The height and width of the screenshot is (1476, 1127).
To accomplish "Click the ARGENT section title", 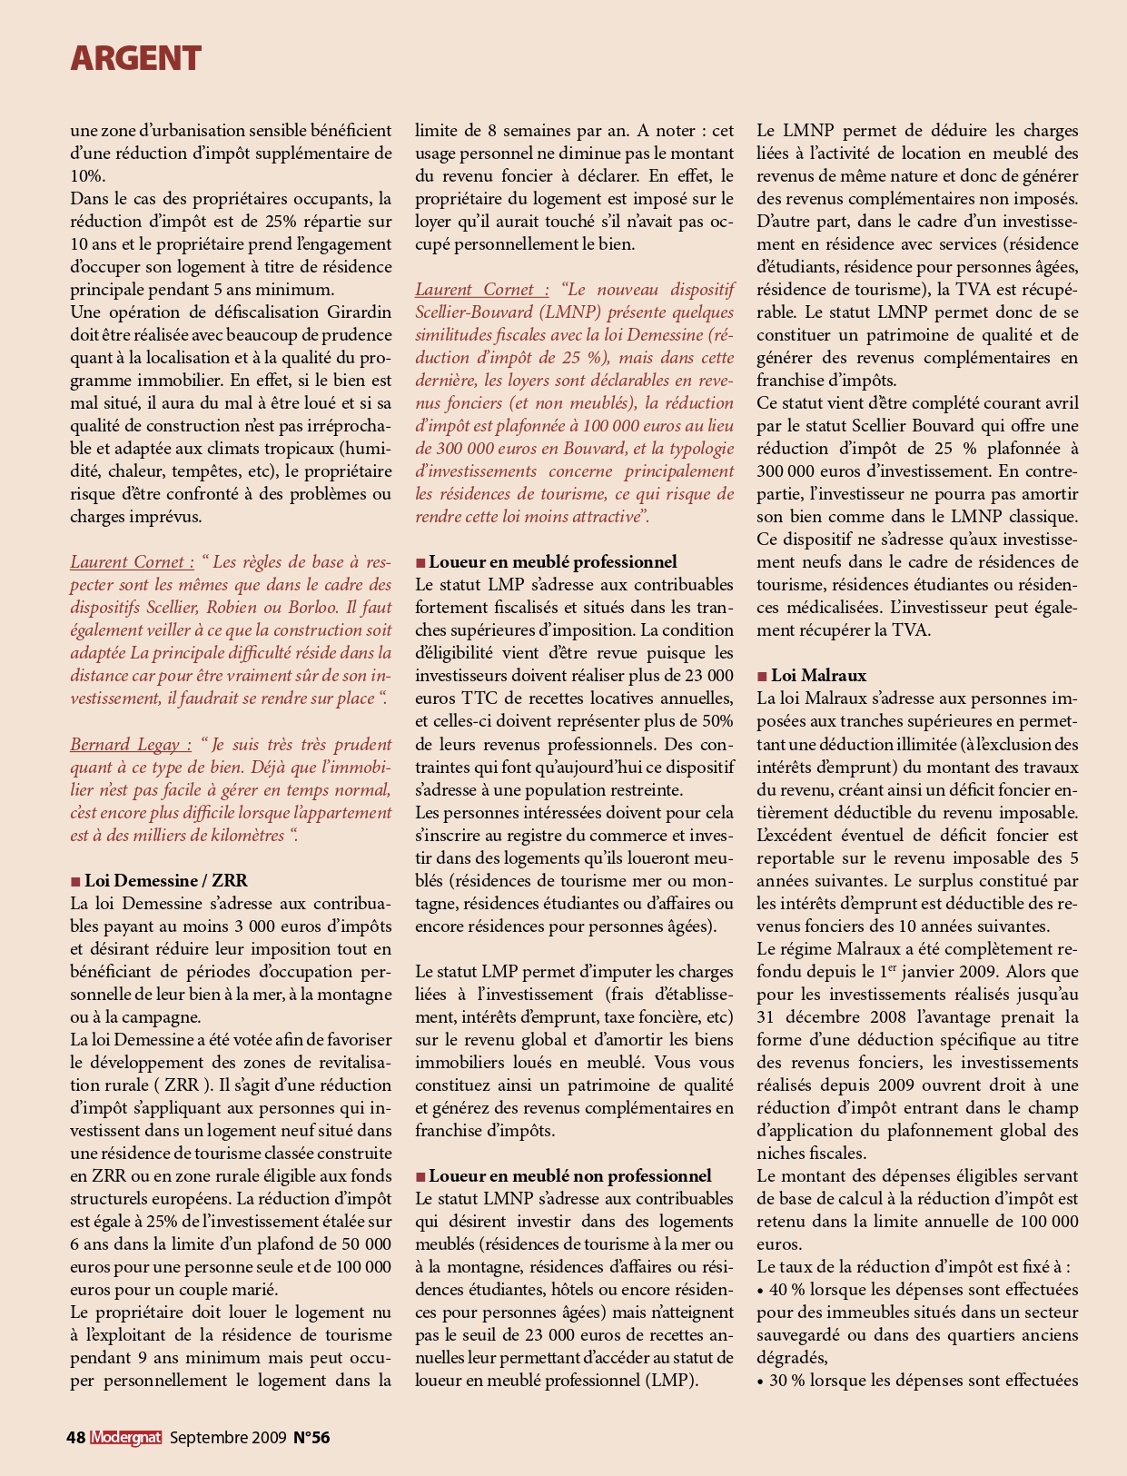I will click(135, 58).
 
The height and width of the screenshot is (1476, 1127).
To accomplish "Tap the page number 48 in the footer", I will click(76, 1437).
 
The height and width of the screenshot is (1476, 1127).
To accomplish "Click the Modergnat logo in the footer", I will click(125, 1437).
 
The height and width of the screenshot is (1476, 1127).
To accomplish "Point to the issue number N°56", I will click(311, 1437).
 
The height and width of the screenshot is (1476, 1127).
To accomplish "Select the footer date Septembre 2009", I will click(227, 1437).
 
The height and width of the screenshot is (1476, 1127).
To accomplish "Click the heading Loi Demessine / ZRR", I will click(166, 880).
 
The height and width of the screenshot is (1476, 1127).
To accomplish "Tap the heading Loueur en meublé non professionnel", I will click(570, 1175).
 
